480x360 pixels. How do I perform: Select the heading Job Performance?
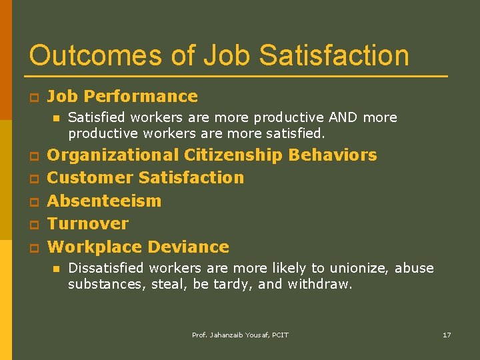pyautogui.click(x=123, y=97)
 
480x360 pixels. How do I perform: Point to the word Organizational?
pyautogui.click(x=113, y=155)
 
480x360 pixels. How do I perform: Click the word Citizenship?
pyautogui.click(x=233, y=155)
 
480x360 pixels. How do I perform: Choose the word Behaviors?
pyautogui.click(x=333, y=155)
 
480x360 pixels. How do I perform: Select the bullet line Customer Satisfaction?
pyautogui.click(x=146, y=178)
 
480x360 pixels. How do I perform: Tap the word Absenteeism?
pyautogui.click(x=105, y=201)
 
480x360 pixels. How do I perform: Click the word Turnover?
pyautogui.click(x=88, y=223)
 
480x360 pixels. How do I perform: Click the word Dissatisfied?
pyautogui.click(x=106, y=268)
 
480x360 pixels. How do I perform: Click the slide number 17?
pyautogui.click(x=447, y=335)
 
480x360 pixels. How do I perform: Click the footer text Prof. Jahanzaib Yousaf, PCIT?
pyautogui.click(x=240, y=335)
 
